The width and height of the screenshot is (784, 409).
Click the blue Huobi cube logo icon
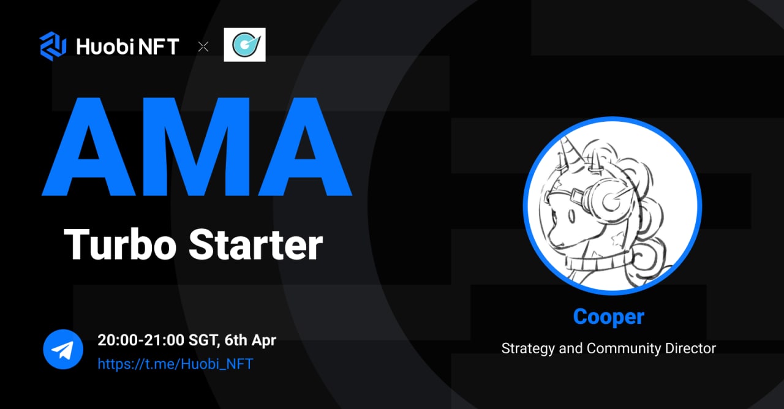tap(53, 47)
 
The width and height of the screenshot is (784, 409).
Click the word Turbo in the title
tap(120, 244)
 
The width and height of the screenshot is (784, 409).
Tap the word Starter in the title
tap(255, 244)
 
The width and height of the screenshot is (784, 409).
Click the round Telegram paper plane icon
tap(62, 350)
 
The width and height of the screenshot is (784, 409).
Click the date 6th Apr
tap(252, 340)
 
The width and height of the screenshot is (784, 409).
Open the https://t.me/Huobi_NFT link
tap(175, 364)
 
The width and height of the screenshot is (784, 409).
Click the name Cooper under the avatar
tap(609, 317)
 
